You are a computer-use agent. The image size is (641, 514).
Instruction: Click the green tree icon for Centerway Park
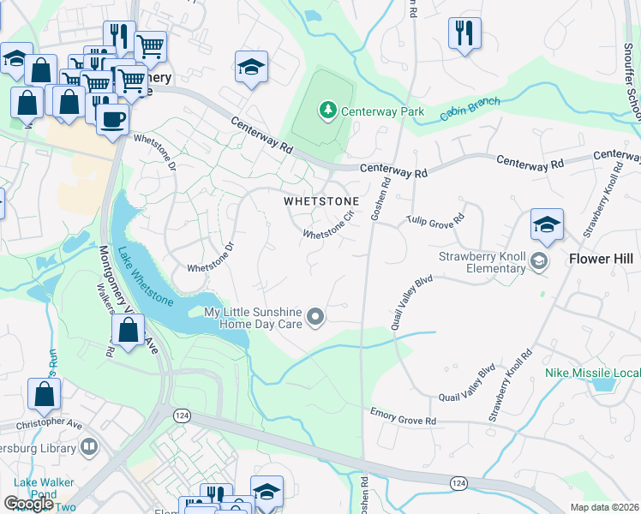pyautogui.click(x=327, y=110)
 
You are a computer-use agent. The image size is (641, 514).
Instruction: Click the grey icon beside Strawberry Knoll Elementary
pyautogui.click(x=539, y=260)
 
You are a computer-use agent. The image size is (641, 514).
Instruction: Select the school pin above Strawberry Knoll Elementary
pyautogui.click(x=547, y=226)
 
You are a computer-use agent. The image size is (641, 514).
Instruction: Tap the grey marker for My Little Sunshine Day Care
pyautogui.click(x=316, y=318)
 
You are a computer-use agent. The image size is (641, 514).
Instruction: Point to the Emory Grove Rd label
pyautogui.click(x=403, y=419)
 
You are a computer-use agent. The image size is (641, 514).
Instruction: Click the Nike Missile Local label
pyautogui.click(x=592, y=374)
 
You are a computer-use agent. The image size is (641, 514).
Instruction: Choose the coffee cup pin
pyautogui.click(x=111, y=119)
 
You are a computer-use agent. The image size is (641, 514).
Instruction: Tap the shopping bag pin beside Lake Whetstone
pyautogui.click(x=129, y=331)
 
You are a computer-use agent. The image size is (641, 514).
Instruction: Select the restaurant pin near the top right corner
pyautogui.click(x=464, y=34)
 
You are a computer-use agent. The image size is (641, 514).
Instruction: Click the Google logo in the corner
pyautogui.click(x=28, y=504)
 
